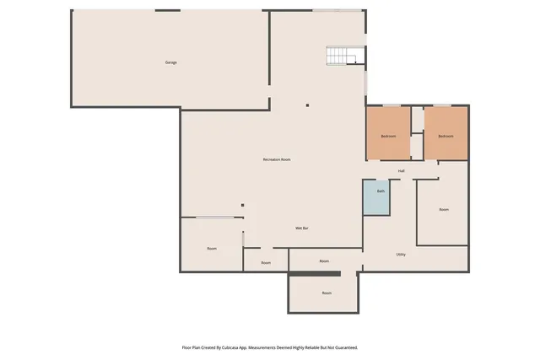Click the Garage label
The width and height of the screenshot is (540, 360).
[x=170, y=63]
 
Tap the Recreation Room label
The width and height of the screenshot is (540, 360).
[x=277, y=159]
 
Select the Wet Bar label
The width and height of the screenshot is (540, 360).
[x=300, y=228]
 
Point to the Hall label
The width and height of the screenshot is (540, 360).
[x=402, y=171]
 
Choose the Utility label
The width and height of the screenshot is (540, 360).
[x=401, y=254]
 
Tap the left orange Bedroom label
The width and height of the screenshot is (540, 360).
[x=388, y=136]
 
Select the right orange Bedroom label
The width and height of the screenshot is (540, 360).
[x=445, y=136]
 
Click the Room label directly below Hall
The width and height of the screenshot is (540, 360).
[x=444, y=209]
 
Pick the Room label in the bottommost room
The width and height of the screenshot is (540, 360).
[x=327, y=293]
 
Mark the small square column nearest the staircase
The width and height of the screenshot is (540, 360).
[x=308, y=105]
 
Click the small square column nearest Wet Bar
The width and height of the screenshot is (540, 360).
[x=242, y=204]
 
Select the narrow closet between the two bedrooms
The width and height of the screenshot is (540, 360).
[x=417, y=145]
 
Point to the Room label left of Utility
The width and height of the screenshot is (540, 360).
[x=324, y=261]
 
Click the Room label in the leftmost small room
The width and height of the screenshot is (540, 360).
[x=212, y=248]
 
